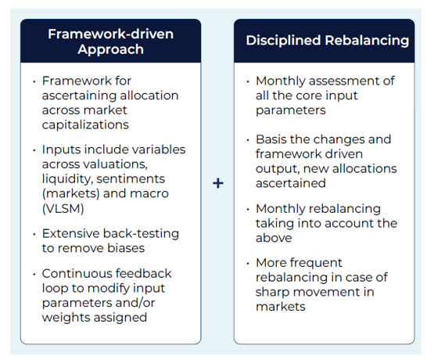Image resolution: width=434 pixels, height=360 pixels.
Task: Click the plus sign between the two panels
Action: coord(217,182)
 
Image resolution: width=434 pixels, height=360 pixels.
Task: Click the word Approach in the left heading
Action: coord(110,49)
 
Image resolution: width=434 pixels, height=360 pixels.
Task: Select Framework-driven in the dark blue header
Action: coord(110,34)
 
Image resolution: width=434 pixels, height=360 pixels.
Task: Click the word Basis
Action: coord(274,139)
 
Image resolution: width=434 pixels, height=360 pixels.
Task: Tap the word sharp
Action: coord(274,292)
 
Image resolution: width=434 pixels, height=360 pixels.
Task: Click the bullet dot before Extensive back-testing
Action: coord(34,233)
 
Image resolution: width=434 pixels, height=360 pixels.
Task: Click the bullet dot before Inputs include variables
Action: coord(34,149)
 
